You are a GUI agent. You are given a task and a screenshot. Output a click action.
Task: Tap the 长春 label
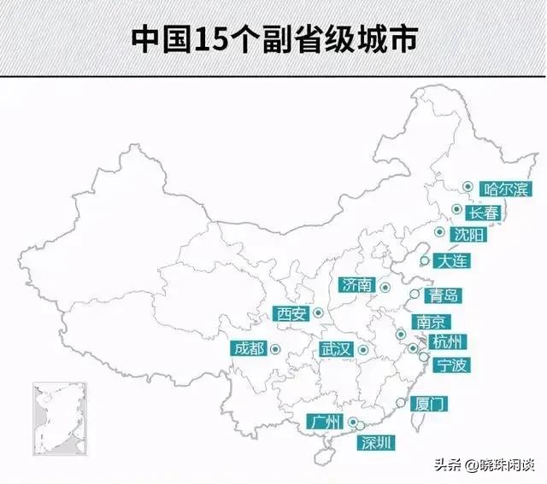tap(484, 212)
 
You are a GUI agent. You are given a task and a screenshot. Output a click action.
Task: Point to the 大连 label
tap(450, 261)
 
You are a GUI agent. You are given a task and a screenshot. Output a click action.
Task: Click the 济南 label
tap(356, 285)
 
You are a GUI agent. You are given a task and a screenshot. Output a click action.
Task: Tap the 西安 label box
tap(291, 313)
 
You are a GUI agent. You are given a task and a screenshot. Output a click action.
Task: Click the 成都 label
tap(249, 347)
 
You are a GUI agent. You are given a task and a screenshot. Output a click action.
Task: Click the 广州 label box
tap(328, 422)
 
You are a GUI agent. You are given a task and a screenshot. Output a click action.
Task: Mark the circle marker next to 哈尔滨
tap(468, 187)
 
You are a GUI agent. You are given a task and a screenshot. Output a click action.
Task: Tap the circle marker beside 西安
tap(318, 313)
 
